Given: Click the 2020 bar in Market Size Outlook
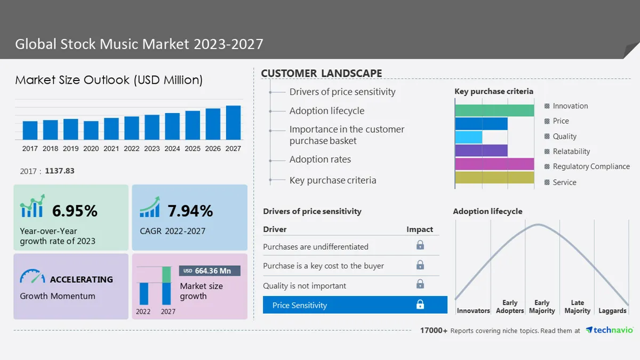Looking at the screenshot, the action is click(91, 130).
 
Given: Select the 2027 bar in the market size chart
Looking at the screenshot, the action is click(233, 123).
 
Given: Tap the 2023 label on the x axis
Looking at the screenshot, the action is click(151, 149).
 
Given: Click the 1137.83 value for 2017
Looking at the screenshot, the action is click(60, 171).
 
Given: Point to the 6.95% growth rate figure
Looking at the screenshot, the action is click(75, 211).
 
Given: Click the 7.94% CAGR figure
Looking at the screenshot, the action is click(190, 211).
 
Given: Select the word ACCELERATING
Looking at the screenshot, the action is click(82, 279).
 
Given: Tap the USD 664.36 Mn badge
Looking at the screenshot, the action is click(210, 271).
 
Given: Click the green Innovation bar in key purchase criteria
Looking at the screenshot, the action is click(494, 110).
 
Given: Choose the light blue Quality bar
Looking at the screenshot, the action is click(469, 137).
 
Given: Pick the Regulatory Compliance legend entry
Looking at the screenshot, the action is click(587, 166).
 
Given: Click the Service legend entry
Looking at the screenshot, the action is click(560, 182).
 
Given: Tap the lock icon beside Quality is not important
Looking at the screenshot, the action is click(420, 284).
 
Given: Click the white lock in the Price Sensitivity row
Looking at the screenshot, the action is click(420, 305).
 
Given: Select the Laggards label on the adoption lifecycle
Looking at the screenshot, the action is click(612, 310).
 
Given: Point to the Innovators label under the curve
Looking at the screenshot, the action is click(474, 310).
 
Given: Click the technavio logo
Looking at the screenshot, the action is click(609, 330).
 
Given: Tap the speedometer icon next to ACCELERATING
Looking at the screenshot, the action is click(33, 276).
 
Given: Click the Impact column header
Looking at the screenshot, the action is click(420, 229).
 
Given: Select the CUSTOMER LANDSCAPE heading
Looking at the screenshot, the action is click(322, 73).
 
